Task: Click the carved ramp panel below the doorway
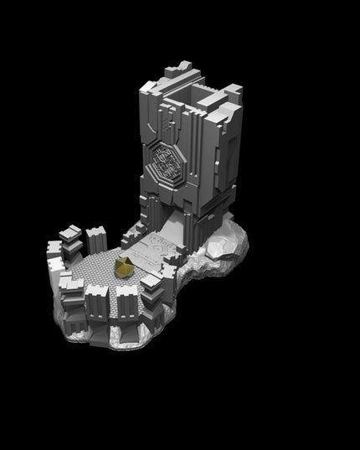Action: click(160, 251)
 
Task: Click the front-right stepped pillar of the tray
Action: click(154, 293)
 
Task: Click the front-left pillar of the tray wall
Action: click(72, 298)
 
